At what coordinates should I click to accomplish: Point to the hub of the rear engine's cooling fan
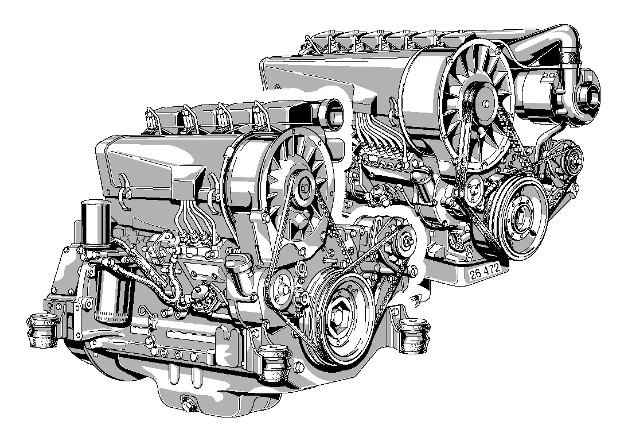pos(486,104)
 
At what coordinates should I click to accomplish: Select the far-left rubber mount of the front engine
pos(41,332)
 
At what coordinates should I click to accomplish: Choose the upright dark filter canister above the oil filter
pos(95,223)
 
